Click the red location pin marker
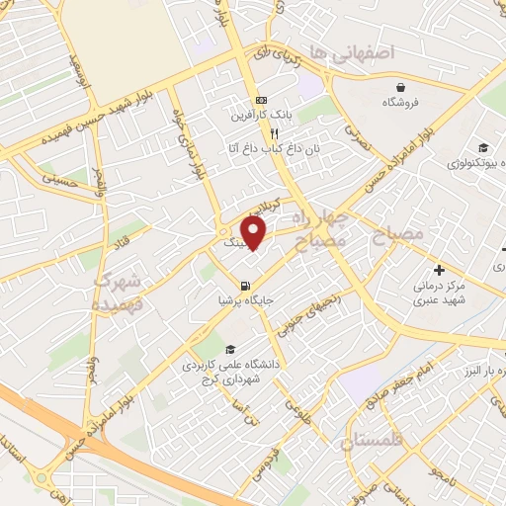point(254,232)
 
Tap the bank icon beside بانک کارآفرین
point(261,100)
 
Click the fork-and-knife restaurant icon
point(275,132)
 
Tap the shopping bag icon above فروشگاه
point(400,87)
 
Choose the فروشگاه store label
point(400,102)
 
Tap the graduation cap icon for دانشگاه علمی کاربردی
point(230,349)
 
